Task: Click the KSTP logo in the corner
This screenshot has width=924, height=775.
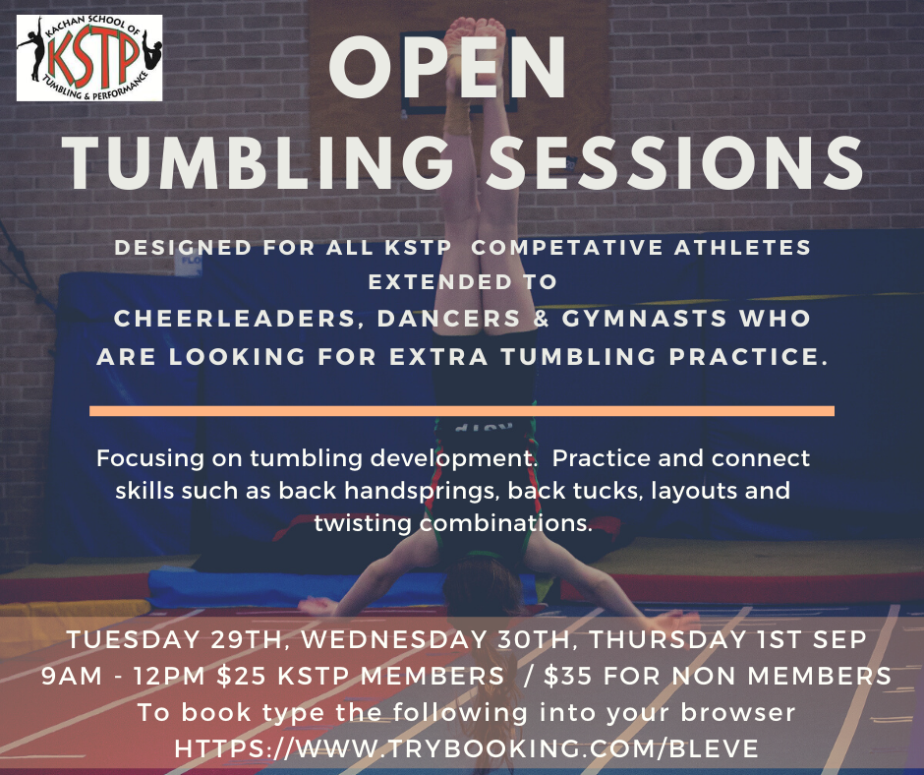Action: pos(89,58)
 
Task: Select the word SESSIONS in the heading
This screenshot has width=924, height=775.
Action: pos(674,163)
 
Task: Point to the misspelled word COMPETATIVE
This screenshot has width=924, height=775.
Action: pos(567,248)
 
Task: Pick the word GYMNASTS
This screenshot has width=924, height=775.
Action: pos(645,319)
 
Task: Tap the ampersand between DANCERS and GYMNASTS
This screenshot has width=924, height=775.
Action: pos(542,319)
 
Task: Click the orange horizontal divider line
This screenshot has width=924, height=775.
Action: pos(462,410)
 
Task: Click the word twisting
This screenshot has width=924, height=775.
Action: pos(363,523)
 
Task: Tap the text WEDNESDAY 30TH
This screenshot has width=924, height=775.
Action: pos(434,639)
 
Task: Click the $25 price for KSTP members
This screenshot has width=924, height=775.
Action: pos(242,676)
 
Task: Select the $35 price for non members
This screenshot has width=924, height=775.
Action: pos(568,676)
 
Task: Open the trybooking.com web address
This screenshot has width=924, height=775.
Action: pos(467,748)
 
